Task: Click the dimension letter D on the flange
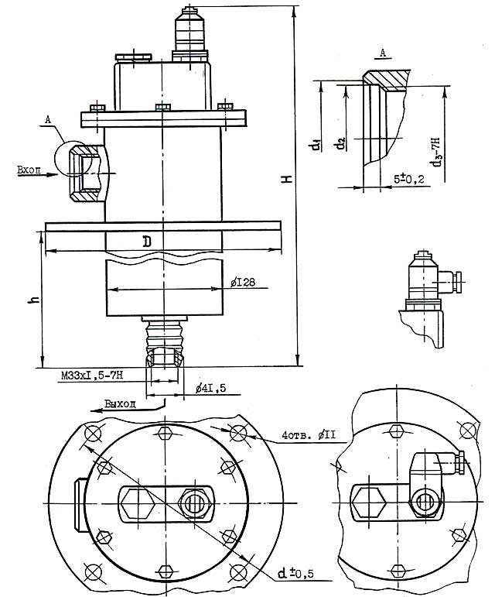click(x=147, y=242)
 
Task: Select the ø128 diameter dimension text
click(x=243, y=283)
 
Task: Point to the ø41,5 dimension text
click(x=210, y=386)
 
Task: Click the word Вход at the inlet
click(x=29, y=167)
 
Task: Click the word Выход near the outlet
click(x=121, y=403)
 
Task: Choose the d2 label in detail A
click(x=340, y=145)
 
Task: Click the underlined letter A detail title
click(x=383, y=52)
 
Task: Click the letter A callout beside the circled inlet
click(x=48, y=120)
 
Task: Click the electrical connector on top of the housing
click(x=187, y=31)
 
